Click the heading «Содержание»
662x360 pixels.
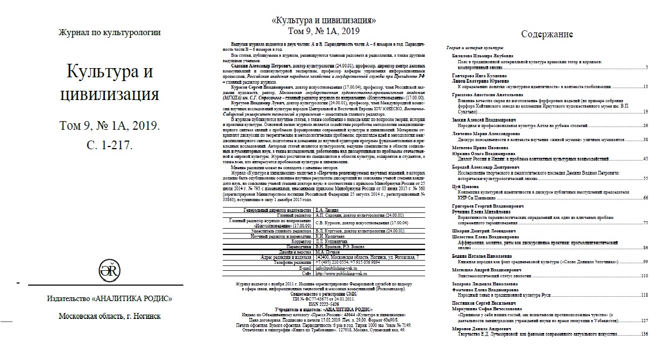(x=547, y=35)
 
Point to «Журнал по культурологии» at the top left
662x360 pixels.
(x=110, y=32)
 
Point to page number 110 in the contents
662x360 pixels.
(x=644, y=276)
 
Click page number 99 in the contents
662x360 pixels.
(x=645, y=262)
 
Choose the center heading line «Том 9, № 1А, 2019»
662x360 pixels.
(x=324, y=31)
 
